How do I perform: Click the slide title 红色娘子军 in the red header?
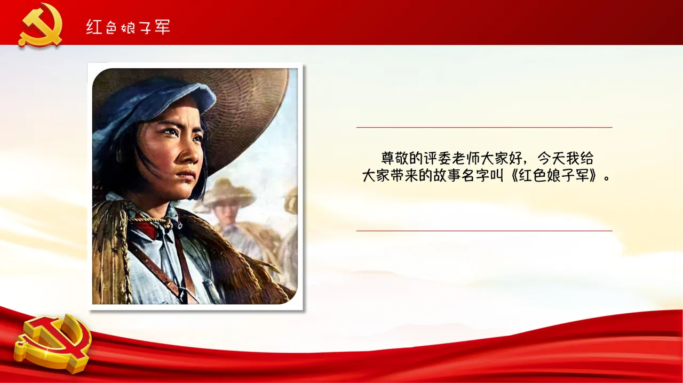point(128,27)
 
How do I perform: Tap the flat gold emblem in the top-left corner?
point(40,25)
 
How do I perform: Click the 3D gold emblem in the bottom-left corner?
point(52,344)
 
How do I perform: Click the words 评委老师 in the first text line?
point(452,158)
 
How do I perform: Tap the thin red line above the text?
point(484,127)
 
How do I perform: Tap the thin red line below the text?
point(484,231)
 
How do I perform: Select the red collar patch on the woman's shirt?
point(146,229)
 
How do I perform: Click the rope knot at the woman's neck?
point(166,223)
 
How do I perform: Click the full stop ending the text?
point(607,179)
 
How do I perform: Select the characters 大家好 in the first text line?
point(502,158)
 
